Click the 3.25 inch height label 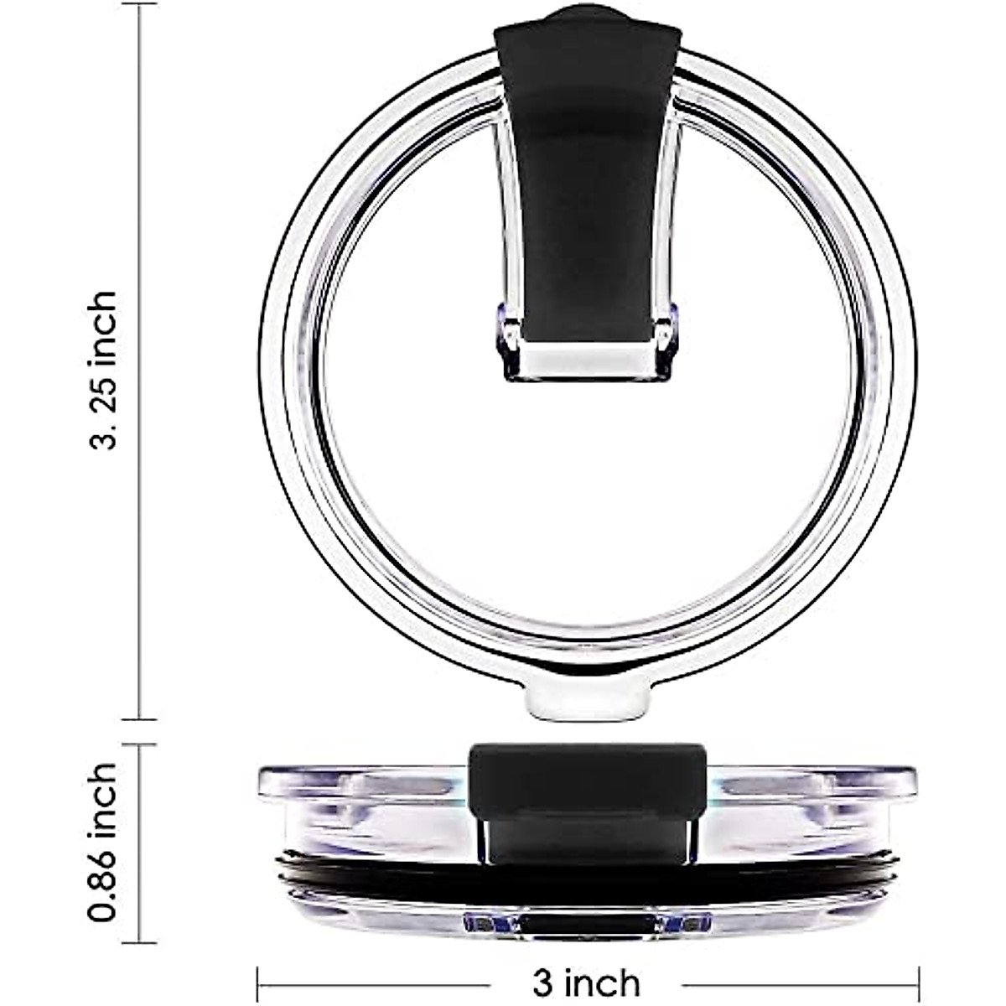[x=105, y=369]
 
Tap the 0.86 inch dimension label [x=105, y=830]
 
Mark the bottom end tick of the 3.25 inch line [x=138, y=718]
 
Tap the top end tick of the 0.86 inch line [x=138, y=744]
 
